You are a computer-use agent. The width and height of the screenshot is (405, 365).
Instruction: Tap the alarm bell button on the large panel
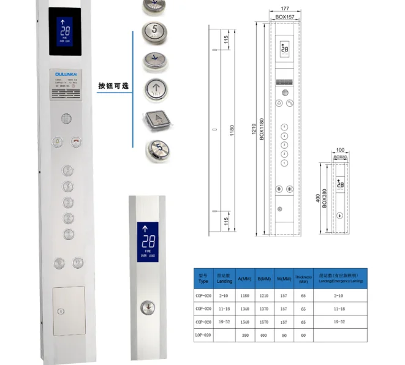pyautogui.click(x=58, y=141)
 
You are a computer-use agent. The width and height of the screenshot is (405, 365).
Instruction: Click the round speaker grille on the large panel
pyautogui.click(x=67, y=118)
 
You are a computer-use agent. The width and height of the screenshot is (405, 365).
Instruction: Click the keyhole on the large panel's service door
pyautogui.click(x=60, y=311)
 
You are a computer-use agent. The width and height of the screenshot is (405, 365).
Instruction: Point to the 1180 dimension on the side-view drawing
pyautogui.click(x=232, y=130)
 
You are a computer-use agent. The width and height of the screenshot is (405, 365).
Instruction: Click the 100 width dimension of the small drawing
pyautogui.click(x=340, y=150)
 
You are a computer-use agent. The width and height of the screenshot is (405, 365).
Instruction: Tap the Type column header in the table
pyautogui.click(x=203, y=278)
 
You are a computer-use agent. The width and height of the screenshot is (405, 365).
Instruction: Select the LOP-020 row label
pyautogui.click(x=203, y=335)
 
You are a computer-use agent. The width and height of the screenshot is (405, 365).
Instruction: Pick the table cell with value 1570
pyautogui.click(x=265, y=322)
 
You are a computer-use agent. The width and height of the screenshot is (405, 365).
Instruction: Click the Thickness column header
pyautogui.click(x=303, y=278)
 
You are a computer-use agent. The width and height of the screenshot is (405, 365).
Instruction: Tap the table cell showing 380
pyautogui.click(x=245, y=335)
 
